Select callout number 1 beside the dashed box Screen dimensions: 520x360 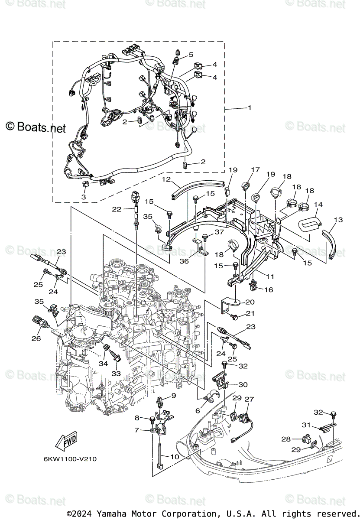tap(250, 108)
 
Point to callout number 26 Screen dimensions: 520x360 tap(36, 338)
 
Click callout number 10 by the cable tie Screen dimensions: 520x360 tap(175, 457)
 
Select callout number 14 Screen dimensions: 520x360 tap(318, 204)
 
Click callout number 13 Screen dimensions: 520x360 tap(338, 220)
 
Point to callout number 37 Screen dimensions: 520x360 tap(219, 232)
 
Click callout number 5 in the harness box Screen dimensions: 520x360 tap(191, 55)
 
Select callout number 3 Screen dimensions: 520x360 tap(84, 197)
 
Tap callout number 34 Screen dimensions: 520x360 tap(103, 364)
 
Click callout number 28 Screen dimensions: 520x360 tap(285, 439)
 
